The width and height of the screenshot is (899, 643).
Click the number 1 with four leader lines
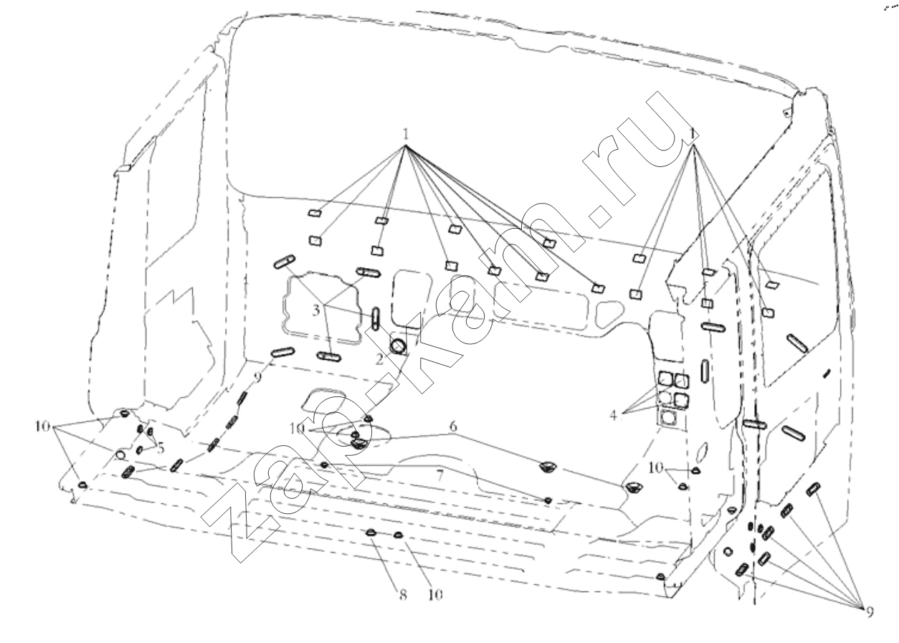693,133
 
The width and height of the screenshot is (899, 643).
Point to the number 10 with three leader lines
42,427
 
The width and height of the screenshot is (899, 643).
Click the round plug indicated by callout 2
398,346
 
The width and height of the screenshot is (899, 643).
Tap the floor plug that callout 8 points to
371,533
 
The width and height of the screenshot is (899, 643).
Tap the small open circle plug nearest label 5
120,455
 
